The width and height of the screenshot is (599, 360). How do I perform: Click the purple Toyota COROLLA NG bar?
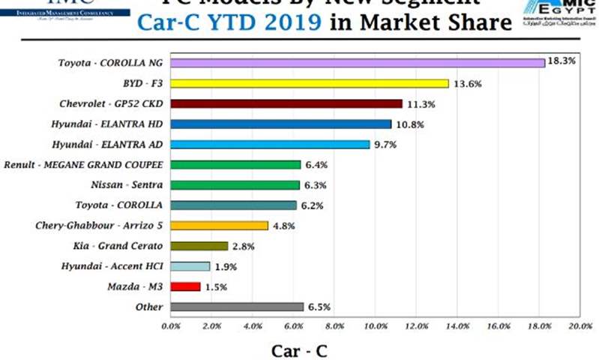pyautogui.click(x=358, y=63)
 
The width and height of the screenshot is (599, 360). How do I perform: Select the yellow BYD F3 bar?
pyautogui.click(x=310, y=83)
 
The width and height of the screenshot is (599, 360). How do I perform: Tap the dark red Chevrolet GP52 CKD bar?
pyautogui.click(x=286, y=103)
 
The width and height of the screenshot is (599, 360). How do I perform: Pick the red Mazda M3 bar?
pyautogui.click(x=186, y=286)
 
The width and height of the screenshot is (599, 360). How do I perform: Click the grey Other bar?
pyautogui.click(x=237, y=306)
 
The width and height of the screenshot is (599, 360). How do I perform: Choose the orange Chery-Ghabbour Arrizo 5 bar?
pyautogui.click(x=220, y=225)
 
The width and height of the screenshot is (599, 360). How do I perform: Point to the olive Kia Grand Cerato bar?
pyautogui.click(x=199, y=245)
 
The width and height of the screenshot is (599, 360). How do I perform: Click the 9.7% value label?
pyautogui.click(x=387, y=143)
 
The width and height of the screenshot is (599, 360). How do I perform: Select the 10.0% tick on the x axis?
pyautogui.click(x=376, y=327)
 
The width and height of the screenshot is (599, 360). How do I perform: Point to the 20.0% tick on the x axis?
pyautogui.click(x=580, y=327)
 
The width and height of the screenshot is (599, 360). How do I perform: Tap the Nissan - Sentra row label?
pyautogui.click(x=130, y=184)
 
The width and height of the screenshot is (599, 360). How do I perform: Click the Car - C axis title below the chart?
pyautogui.click(x=299, y=349)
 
